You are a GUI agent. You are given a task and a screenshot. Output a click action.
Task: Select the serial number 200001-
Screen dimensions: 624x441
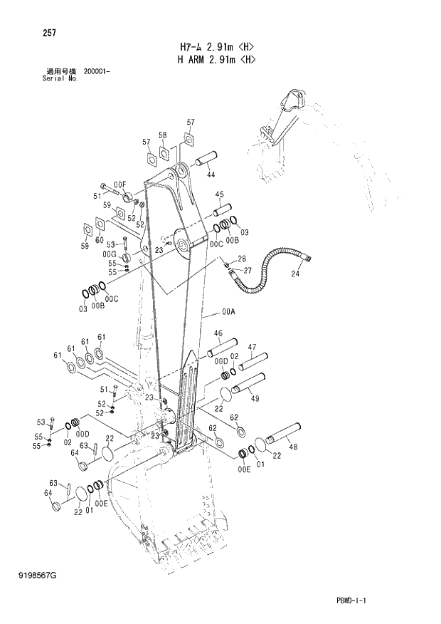tap(96, 72)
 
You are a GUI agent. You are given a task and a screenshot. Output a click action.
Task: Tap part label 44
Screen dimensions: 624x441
tap(211, 175)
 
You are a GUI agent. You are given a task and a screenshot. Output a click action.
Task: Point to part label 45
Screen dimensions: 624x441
tap(219, 194)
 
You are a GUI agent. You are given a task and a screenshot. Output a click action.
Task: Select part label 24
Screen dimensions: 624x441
tap(294, 273)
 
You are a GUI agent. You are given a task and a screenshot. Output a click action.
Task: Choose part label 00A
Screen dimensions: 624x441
tap(228, 311)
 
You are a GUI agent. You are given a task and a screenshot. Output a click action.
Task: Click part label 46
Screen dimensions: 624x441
tap(218, 333)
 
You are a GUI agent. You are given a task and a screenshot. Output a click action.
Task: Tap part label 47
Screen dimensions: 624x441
tap(251, 347)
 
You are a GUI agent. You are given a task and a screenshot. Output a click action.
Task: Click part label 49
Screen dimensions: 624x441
tap(254, 398)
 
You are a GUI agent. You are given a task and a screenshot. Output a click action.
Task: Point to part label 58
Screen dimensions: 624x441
tap(162, 135)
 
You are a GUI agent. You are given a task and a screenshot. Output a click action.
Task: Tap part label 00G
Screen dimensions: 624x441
tap(109, 254)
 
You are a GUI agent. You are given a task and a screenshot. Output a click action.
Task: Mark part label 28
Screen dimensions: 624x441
tap(241, 259)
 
